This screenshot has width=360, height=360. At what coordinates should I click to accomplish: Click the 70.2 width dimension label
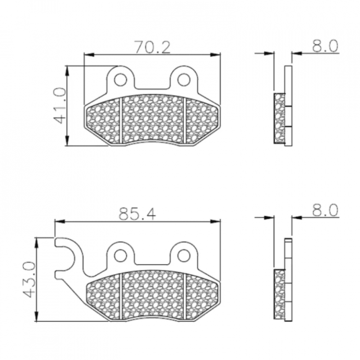[x=153, y=47]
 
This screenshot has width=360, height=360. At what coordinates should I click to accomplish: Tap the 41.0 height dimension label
[x=59, y=105]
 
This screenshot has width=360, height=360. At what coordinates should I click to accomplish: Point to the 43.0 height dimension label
[x=30, y=279]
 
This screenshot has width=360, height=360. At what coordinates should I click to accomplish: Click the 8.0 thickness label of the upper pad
[x=325, y=46]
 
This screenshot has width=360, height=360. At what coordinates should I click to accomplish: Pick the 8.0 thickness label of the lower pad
[x=325, y=210]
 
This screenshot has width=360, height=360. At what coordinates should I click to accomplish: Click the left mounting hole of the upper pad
[x=121, y=79]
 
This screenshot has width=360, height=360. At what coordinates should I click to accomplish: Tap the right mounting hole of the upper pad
[x=184, y=79]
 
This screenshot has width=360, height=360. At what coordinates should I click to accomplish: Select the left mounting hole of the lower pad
[x=121, y=256]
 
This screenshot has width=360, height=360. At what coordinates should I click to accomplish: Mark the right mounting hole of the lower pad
[x=184, y=256]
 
